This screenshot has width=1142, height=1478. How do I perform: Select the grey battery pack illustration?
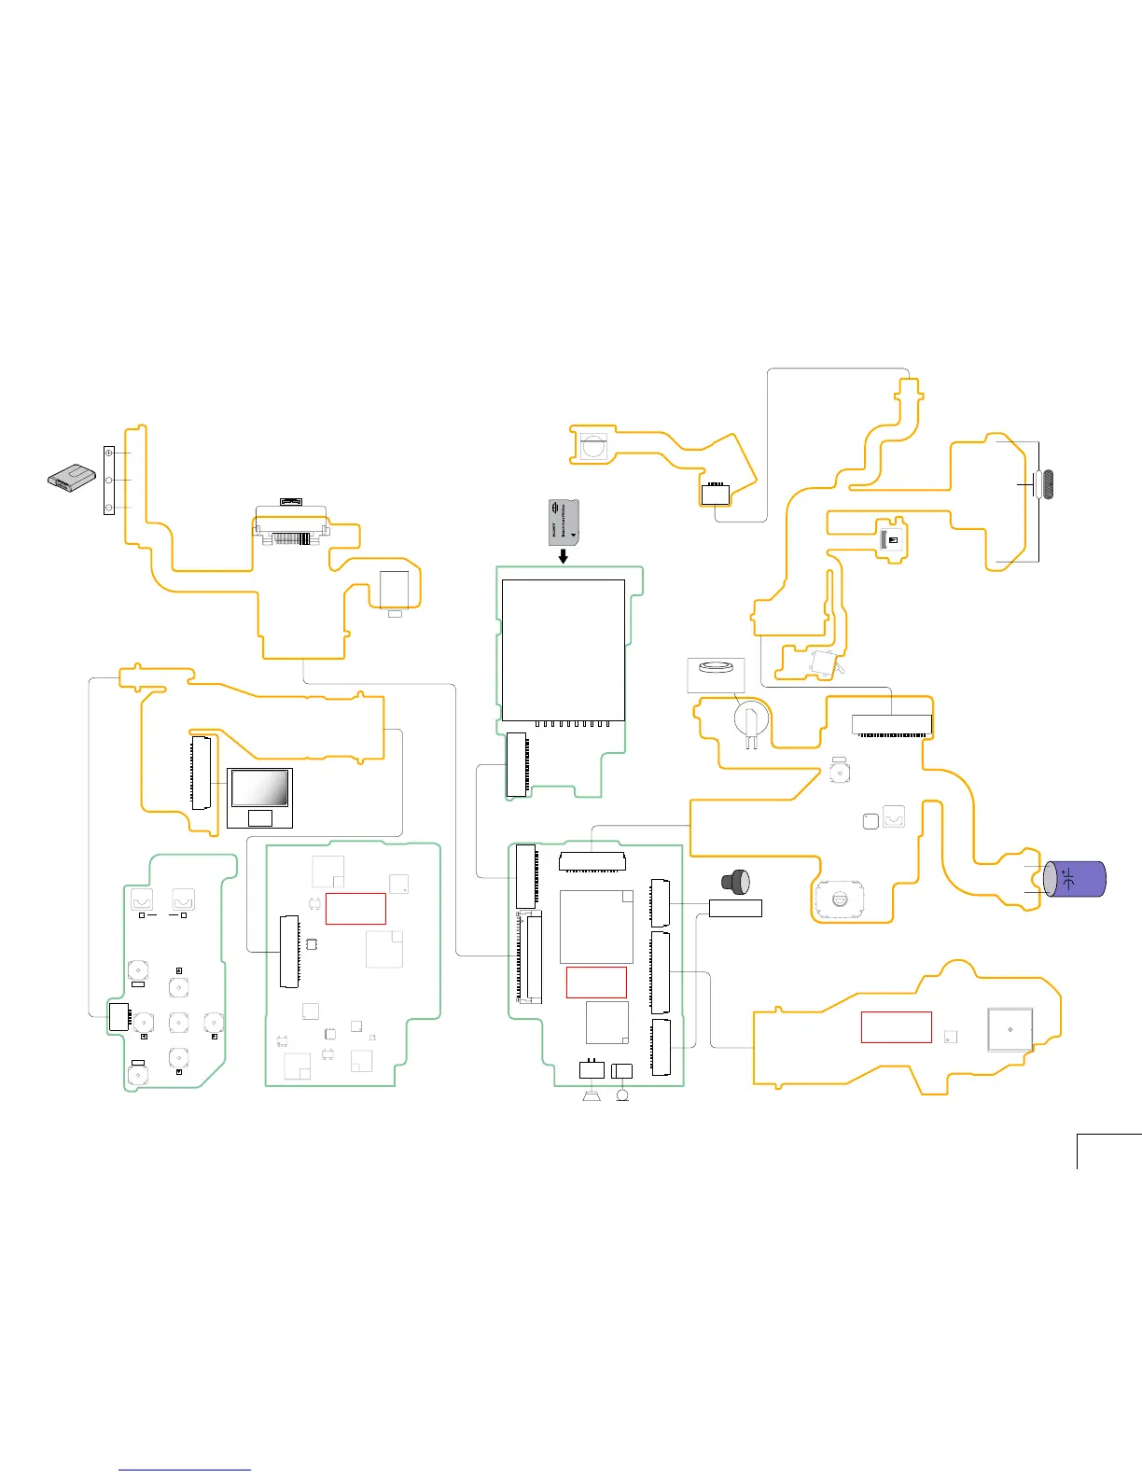point(73,477)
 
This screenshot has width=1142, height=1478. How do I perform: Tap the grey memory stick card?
point(563,522)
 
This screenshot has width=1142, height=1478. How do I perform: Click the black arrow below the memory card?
point(563,556)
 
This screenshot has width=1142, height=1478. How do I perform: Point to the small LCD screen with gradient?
point(259,788)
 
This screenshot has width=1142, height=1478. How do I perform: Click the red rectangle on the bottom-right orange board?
point(896,1026)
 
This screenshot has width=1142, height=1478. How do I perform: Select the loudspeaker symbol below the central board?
point(590,1095)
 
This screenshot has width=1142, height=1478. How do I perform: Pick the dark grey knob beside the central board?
point(735,880)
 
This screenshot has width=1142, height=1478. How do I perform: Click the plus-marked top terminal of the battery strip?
point(108,453)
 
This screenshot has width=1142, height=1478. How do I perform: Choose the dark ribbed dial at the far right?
point(1049,484)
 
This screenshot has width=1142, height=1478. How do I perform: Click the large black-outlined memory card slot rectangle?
point(563,649)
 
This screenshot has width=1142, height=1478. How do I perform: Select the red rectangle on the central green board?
point(596,982)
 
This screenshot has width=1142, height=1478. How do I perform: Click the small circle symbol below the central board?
point(622,1095)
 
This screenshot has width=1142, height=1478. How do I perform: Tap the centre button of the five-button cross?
point(178,1022)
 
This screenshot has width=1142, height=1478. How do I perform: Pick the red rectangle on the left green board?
point(355,908)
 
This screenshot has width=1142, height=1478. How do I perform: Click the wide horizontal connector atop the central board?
point(592,860)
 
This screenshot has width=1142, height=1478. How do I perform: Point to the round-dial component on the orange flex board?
point(839,899)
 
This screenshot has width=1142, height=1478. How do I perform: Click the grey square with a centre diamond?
point(1010,1029)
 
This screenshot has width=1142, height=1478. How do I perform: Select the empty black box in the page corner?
point(1109,1150)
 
